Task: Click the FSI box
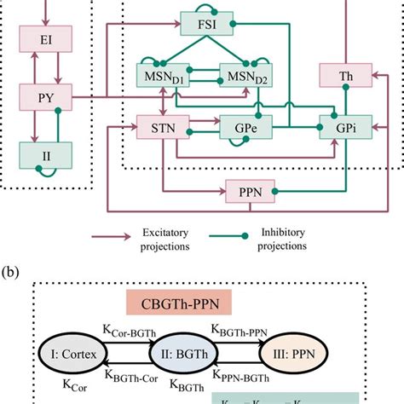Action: pos(204,22)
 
